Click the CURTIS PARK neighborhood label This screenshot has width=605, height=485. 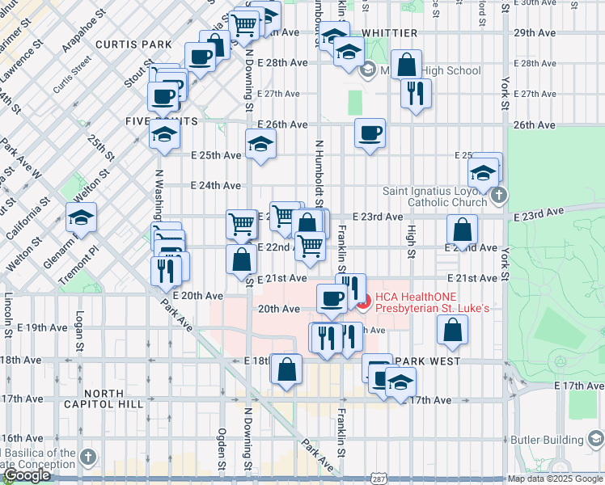tap(133, 44)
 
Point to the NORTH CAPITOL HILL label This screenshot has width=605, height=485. tap(115, 400)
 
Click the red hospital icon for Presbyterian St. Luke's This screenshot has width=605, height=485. tap(363, 302)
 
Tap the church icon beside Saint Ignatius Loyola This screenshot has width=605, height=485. tap(500, 195)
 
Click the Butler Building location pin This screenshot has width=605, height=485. tap(596, 440)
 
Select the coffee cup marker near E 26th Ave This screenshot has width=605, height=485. tap(370, 133)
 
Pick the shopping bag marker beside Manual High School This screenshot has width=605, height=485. tap(407, 65)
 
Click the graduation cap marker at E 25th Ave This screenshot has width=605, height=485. tap(260, 145)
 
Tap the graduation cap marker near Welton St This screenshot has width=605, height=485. tap(81, 217)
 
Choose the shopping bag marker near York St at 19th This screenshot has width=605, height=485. tap(452, 330)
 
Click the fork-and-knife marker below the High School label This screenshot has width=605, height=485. tap(416, 94)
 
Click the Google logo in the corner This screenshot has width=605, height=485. tap(27, 476)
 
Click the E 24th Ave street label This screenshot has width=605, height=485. tap(216, 185)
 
